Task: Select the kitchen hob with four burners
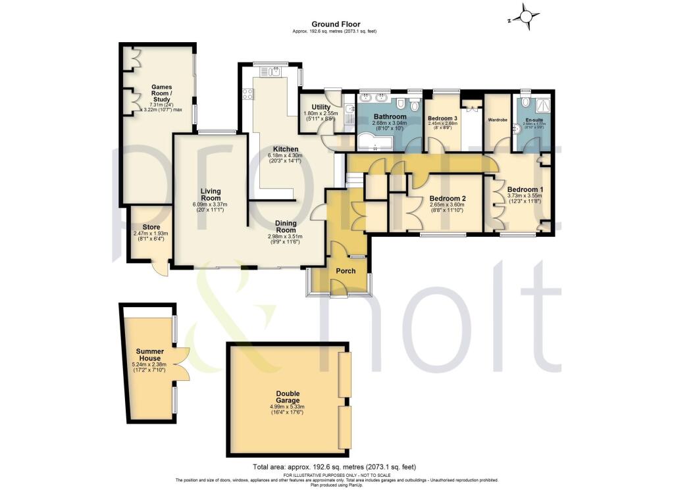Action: [x=248, y=94]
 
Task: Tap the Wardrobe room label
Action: [x=496, y=120]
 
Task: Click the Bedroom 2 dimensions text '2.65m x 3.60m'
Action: [x=447, y=205]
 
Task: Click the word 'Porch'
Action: [x=346, y=271]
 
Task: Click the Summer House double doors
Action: [x=184, y=364]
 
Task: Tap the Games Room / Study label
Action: [x=161, y=93]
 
